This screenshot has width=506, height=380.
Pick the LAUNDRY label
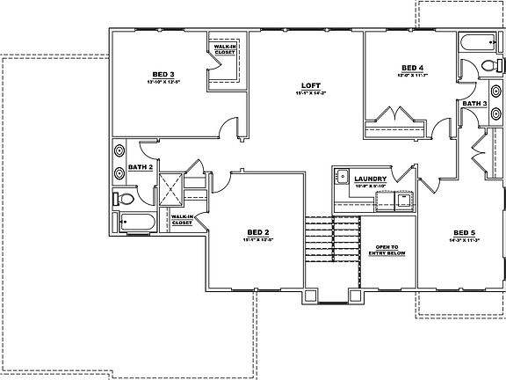click(x=372, y=178)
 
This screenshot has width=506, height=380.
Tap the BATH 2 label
click(x=141, y=165)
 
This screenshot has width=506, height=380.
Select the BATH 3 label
click(x=475, y=104)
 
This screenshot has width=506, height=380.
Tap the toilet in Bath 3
click(x=490, y=64)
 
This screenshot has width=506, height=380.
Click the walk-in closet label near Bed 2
click(x=182, y=220)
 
